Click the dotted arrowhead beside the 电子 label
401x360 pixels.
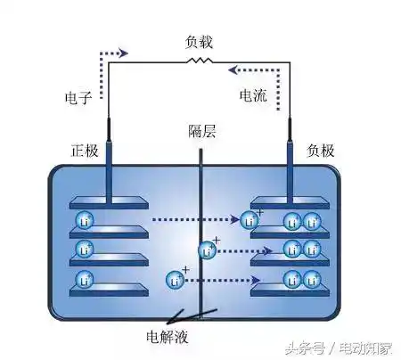pos(123,53)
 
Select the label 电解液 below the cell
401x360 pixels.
pos(167,337)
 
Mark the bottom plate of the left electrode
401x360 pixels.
pos(108,290)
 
